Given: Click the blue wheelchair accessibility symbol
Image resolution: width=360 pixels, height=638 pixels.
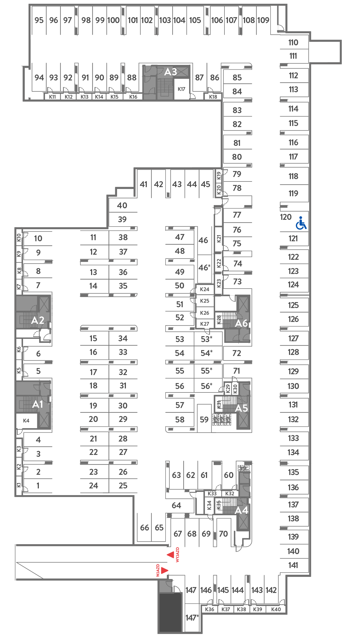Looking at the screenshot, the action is coord(301,223).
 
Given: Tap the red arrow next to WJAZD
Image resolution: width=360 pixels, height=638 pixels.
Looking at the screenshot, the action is coord(165,570).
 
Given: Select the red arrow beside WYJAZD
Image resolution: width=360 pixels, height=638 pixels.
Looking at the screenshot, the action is coord(171,555).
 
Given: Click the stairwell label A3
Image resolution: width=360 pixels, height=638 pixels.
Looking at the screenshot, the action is coord(171,72).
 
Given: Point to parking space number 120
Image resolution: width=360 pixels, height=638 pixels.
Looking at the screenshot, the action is coord(286,217).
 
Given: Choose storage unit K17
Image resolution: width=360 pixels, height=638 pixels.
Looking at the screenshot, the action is coord(182,89).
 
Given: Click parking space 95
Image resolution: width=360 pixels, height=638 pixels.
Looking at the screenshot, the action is coord(39,20).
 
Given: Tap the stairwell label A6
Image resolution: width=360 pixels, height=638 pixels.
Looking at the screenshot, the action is coord(241,323).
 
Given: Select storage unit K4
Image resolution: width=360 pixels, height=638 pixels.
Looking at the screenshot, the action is coord(26,421).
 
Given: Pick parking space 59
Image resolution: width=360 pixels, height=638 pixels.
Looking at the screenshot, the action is coord(204,420).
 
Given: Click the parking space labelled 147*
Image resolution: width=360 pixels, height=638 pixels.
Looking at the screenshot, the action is coord(192,618).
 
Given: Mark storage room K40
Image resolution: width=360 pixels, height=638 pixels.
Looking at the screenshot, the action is coord(276,609).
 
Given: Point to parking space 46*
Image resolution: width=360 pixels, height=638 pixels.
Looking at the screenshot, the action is coord(204,267).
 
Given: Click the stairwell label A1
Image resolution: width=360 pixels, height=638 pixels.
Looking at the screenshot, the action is coord(38,404).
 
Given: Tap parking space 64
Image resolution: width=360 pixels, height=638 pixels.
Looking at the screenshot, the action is coord(177,505).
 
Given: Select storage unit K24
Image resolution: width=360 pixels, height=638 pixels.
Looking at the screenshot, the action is coord(205,289).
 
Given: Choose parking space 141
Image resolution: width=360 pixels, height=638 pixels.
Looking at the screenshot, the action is coord(293,565).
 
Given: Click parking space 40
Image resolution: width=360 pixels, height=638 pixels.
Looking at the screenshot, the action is coord(122,205).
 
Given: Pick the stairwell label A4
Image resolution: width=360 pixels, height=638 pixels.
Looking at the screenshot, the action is coord(241,510).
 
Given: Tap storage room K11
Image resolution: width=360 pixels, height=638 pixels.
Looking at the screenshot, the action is coord(52,97).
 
